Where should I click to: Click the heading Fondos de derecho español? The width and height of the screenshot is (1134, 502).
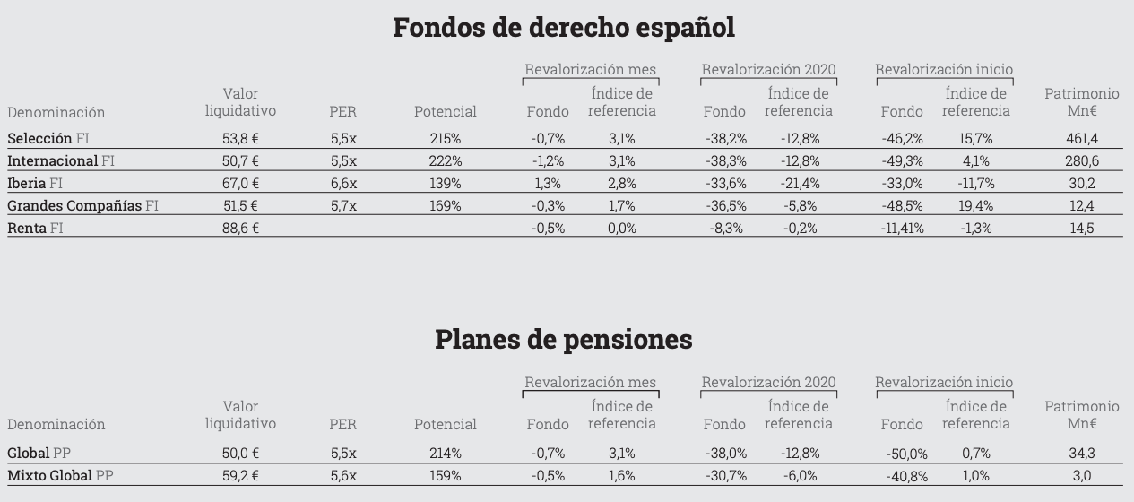pyautogui.click(x=564, y=27)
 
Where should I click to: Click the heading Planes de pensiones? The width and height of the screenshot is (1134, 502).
pyautogui.click(x=564, y=340)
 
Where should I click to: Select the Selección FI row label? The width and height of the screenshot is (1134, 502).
pyautogui.click(x=48, y=139)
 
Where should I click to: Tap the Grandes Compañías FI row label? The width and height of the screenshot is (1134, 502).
pyautogui.click(x=82, y=206)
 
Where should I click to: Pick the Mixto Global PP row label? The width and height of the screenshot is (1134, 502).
pyautogui.click(x=60, y=476)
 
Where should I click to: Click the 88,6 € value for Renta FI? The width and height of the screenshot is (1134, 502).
pyautogui.click(x=240, y=229)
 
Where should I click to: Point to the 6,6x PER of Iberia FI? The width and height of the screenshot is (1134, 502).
pyautogui.click(x=342, y=184)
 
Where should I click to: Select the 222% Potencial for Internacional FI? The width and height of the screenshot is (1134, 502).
pyautogui.click(x=446, y=161)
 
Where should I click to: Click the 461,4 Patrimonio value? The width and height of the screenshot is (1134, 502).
pyautogui.click(x=1081, y=139)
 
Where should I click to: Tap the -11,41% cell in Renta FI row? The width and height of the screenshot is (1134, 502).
pyautogui.click(x=902, y=229)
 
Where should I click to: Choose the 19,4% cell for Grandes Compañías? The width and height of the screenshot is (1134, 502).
pyautogui.click(x=975, y=206)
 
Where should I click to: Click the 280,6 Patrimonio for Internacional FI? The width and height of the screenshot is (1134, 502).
pyautogui.click(x=1081, y=161)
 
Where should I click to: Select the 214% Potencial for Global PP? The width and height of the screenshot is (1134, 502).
pyautogui.click(x=446, y=454)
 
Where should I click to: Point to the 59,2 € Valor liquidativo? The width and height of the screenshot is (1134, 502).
pyautogui.click(x=240, y=476)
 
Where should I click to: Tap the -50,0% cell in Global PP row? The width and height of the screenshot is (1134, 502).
pyautogui.click(x=906, y=454)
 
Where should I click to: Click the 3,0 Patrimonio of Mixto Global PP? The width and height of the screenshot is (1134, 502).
pyautogui.click(x=1082, y=476)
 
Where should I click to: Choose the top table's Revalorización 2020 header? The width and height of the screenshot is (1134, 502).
pyautogui.click(x=768, y=69)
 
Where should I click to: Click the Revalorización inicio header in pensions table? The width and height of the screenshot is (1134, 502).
pyautogui.click(x=944, y=383)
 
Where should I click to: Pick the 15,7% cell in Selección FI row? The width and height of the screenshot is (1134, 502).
pyautogui.click(x=975, y=139)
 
